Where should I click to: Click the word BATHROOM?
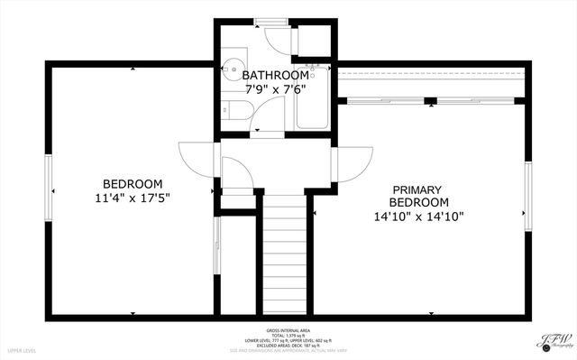tap(275, 75)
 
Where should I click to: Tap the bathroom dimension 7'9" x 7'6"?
tap(275, 89)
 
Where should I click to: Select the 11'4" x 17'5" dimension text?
tap(132, 198)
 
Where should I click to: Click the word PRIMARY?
tap(417, 189)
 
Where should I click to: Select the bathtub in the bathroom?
tap(312, 98)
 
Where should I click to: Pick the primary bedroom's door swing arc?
tap(354, 166)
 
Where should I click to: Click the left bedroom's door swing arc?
tap(196, 160)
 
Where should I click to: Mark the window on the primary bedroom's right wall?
tap(527, 198)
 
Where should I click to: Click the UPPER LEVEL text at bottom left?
tap(22, 349)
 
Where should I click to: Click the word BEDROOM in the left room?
tap(132, 183)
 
